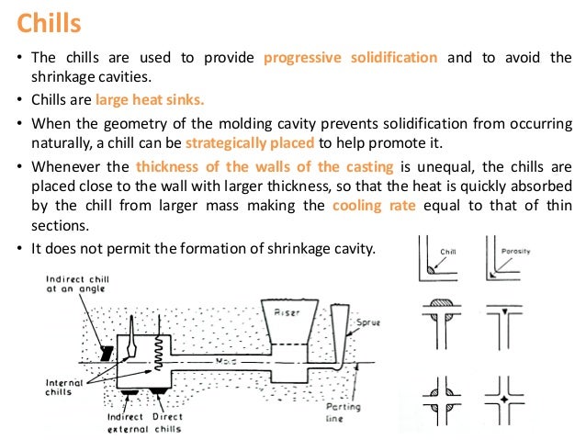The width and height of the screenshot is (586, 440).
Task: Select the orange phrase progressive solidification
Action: tap(350, 58)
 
